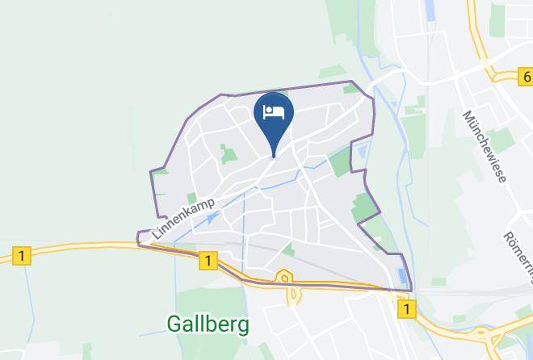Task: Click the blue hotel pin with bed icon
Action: pos(274,118)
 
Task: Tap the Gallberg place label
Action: pos(208,324)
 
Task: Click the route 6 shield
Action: pos(526,77)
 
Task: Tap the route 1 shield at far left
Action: pos(23,256)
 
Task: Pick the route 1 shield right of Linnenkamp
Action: pos(208,260)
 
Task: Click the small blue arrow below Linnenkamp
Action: pos(212,217)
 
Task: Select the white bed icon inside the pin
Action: pos(274,111)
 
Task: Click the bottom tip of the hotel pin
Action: pos(274,155)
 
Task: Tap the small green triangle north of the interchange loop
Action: pos(288,250)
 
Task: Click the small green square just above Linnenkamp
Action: pos(192,198)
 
